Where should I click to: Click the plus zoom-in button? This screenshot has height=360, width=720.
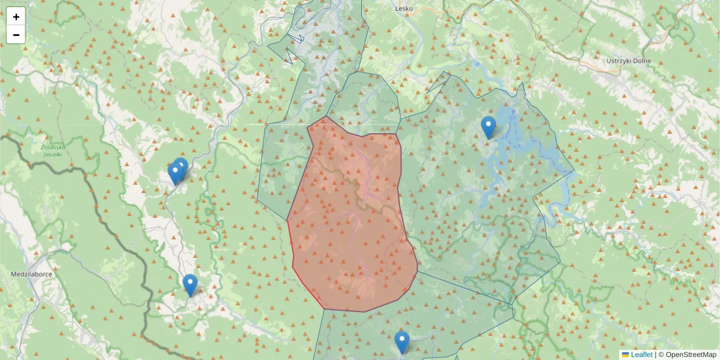click(x=16, y=17)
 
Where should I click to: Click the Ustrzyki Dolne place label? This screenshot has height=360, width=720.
click(x=628, y=61)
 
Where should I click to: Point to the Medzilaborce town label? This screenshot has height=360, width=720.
click(x=29, y=274)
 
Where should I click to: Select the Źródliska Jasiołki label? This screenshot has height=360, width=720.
click(x=52, y=150)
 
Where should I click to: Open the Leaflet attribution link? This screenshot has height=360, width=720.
click(x=641, y=355)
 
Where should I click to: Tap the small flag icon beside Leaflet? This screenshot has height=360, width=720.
click(x=625, y=355)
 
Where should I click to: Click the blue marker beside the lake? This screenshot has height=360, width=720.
click(x=488, y=127)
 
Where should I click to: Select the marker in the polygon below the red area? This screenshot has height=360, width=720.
click(x=402, y=342)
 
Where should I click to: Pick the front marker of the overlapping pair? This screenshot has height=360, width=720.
click(x=175, y=173)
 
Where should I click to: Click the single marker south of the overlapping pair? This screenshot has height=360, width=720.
click(x=190, y=284)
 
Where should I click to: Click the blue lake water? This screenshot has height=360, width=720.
click(x=510, y=120)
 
